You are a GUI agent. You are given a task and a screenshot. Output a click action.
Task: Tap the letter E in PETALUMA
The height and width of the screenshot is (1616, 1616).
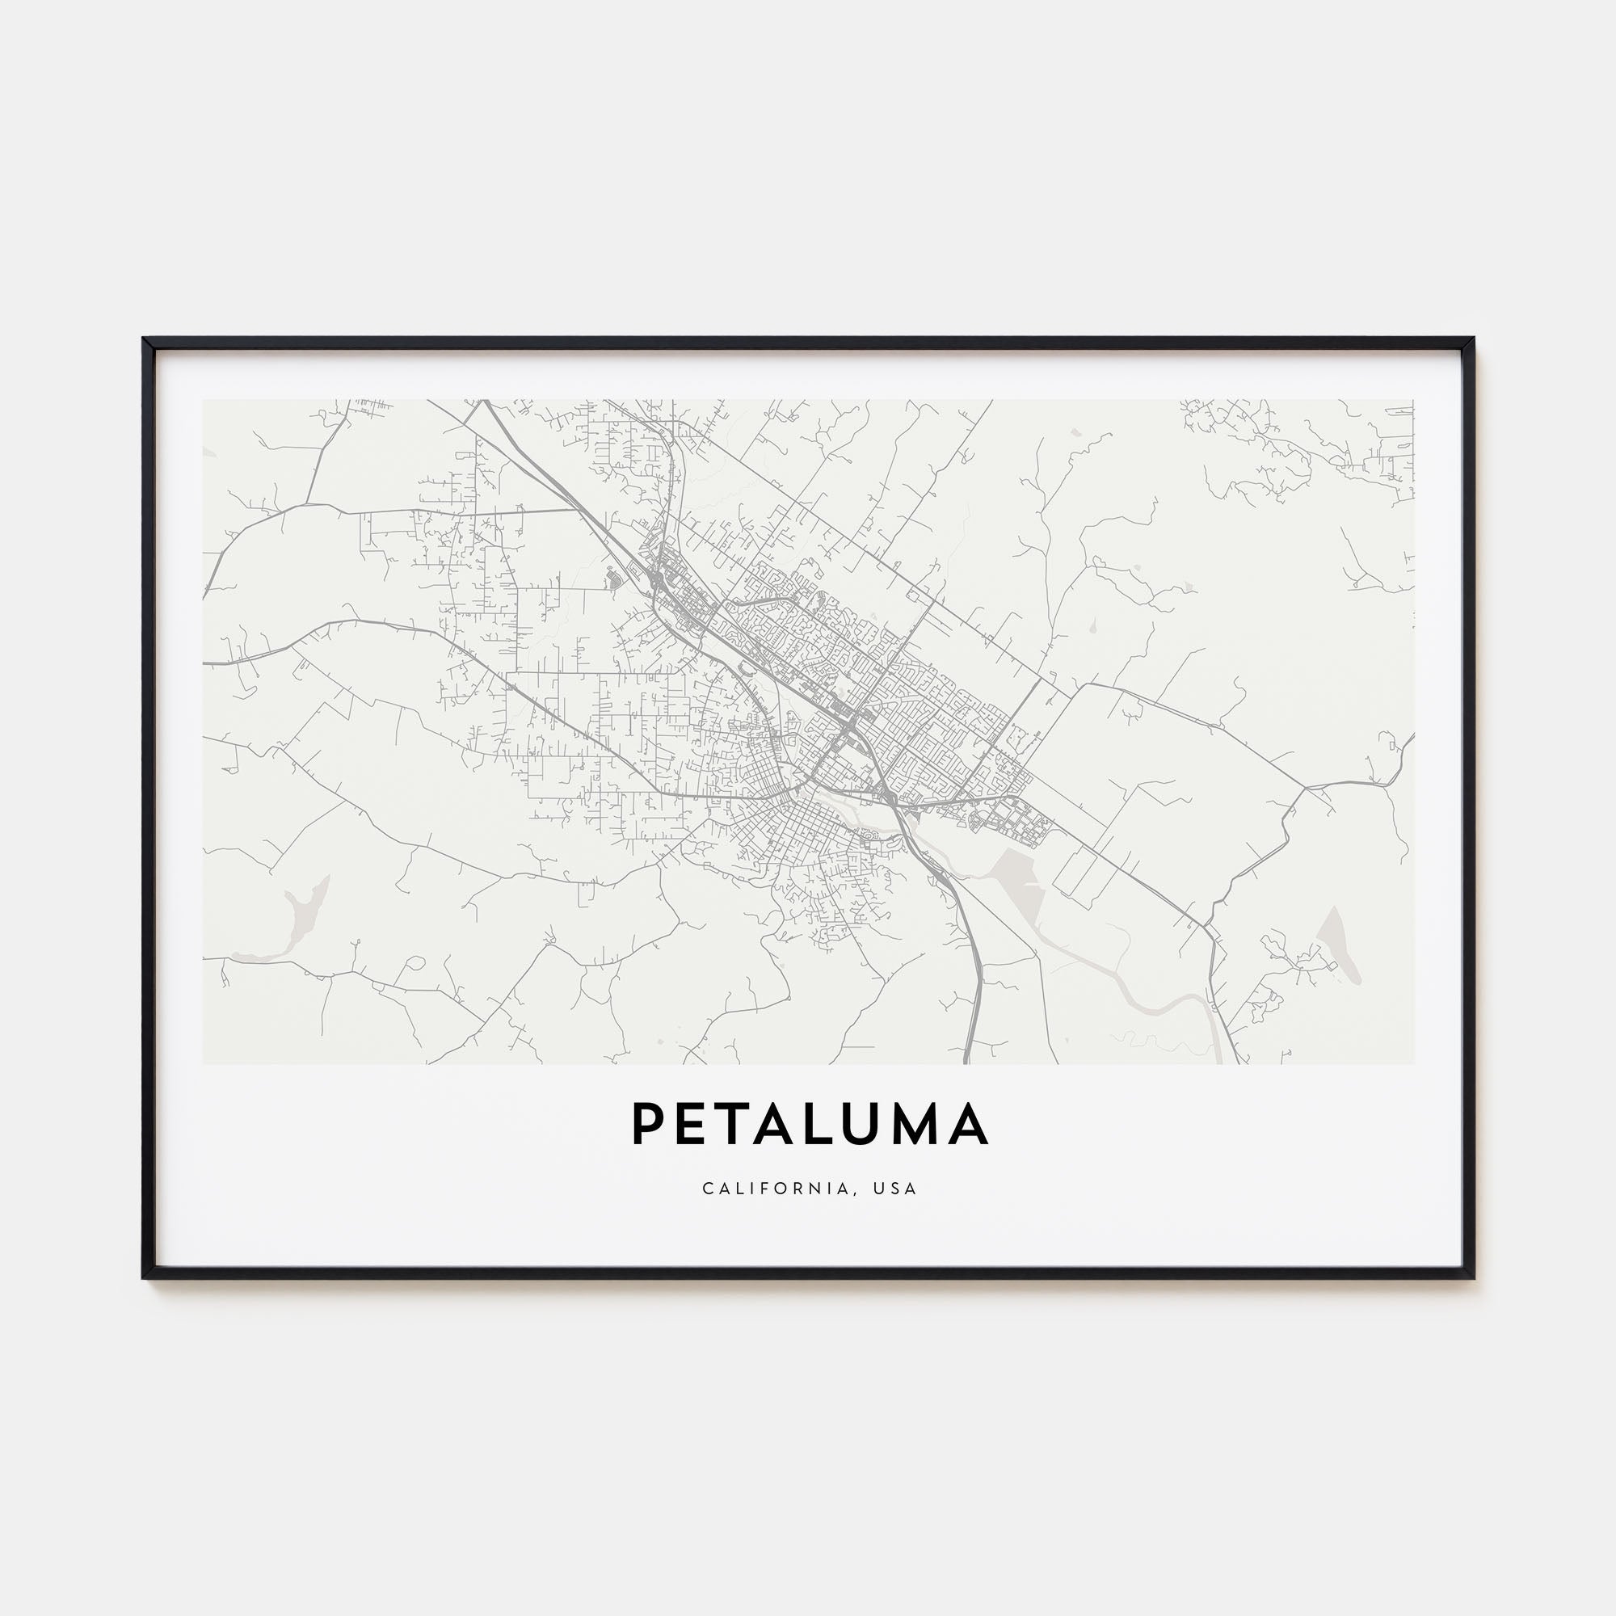tap(693, 1123)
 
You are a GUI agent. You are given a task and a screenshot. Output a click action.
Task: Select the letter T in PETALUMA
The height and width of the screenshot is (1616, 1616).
tap(737, 1123)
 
